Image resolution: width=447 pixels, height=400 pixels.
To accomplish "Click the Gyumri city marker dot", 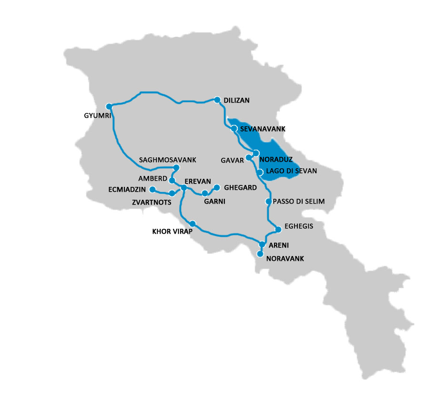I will (109, 106).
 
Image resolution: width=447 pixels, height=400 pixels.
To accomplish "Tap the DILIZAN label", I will (237, 101).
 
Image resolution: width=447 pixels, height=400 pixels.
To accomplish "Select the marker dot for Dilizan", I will (217, 100).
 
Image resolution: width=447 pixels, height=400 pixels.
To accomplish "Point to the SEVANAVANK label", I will (263, 129).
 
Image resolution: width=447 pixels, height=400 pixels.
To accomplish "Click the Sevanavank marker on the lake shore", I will (234, 128).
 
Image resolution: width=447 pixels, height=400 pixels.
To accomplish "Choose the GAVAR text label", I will (231, 160).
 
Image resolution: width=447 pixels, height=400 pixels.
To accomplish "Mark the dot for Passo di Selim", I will (269, 202).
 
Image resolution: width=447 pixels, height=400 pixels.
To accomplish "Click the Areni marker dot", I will (262, 244).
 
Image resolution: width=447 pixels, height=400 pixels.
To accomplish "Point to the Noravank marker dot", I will (260, 254).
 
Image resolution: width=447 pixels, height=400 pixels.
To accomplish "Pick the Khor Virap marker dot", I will (193, 224).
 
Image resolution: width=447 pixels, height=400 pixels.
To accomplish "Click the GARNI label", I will (214, 202).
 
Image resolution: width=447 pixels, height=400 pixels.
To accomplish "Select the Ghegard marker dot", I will (216, 187).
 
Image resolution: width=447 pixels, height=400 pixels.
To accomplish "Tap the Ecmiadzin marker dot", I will (152, 189).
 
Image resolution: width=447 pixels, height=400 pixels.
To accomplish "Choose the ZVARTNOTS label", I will (151, 203).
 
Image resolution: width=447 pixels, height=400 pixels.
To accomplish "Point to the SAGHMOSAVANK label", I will (167, 160).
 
